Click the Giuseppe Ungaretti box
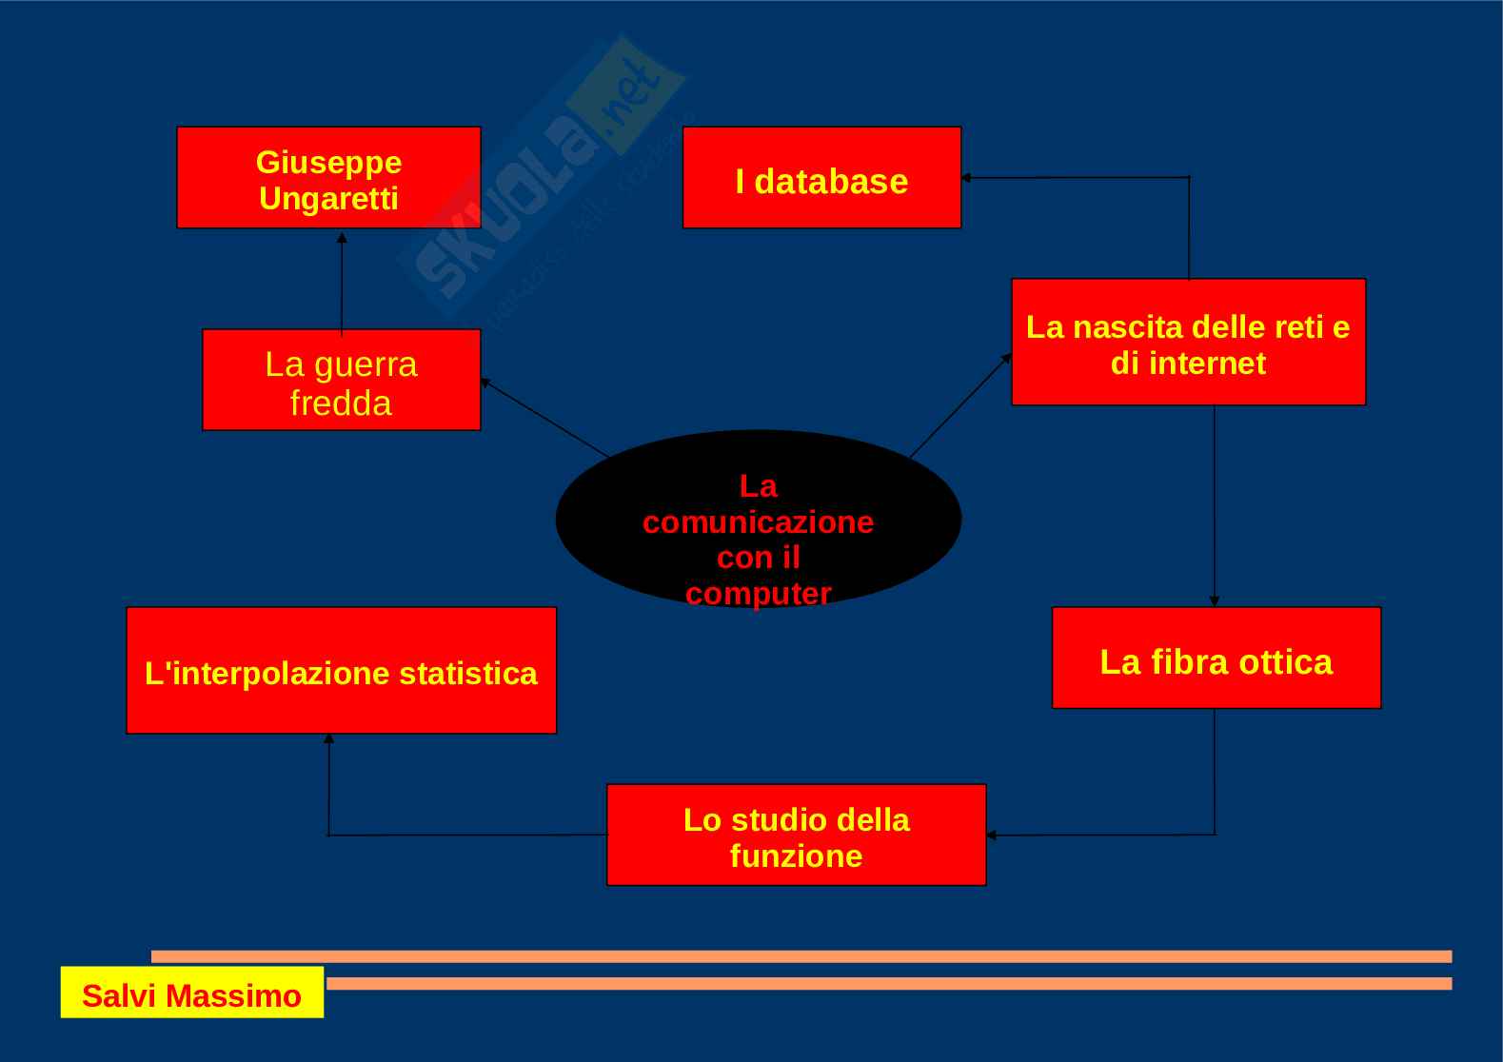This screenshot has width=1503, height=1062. tap(328, 178)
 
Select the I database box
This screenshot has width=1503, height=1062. tap(821, 178)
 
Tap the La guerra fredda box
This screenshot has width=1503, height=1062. tap(341, 380)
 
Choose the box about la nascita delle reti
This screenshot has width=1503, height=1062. tap(1188, 343)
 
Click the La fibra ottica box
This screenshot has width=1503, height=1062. tap(1216, 658)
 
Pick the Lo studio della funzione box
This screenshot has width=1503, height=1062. tap(796, 835)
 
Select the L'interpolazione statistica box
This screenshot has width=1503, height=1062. tap(341, 670)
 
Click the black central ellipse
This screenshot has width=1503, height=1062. tap(758, 519)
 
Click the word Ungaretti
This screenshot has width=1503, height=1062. tap(328, 199)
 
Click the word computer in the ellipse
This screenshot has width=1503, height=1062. tap(758, 594)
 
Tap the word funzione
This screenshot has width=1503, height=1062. tap(796, 855)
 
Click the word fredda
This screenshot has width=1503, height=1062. tap(341, 403)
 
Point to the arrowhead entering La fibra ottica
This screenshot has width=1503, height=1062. tap(1214, 600)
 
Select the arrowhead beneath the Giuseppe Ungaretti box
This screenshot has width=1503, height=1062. tap(342, 236)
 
